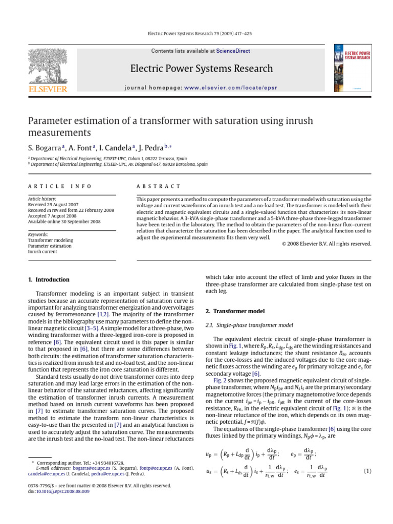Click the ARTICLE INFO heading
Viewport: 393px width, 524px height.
(x=60, y=186)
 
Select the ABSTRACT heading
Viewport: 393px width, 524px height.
(x=159, y=186)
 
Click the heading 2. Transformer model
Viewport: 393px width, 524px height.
(x=235, y=311)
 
